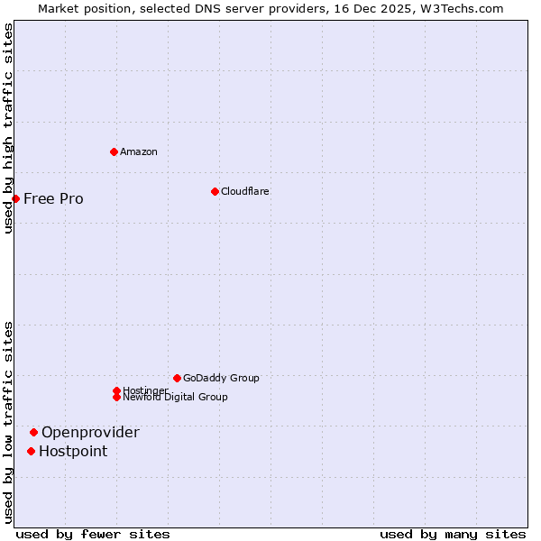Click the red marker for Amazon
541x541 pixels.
pos(114,151)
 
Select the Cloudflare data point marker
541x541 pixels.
pos(215,191)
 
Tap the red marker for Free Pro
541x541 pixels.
pos(15,198)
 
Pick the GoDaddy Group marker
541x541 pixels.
pos(177,378)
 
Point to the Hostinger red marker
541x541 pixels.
pos(116,390)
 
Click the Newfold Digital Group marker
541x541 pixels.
pos(116,397)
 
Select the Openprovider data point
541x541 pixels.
pos(33,432)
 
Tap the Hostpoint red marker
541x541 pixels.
pos(31,451)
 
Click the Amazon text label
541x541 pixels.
pos(139,151)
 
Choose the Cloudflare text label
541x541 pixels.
pos(244,191)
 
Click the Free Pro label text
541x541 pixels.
pos(53,198)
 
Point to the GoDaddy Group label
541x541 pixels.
pos(221,378)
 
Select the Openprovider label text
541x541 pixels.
pos(90,432)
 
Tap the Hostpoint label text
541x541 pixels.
pos(73,451)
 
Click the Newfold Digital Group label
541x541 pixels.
pos(175,397)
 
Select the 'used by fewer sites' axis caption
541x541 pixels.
pos(93,534)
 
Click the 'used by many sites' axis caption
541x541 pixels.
pos(453,534)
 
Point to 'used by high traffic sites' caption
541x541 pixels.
pos(8,128)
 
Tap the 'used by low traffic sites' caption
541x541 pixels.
pos(8,422)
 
